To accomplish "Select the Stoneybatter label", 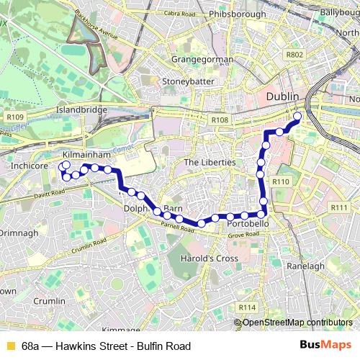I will [189, 81].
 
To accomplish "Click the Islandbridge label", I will [81, 110].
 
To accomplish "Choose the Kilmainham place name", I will [86, 155].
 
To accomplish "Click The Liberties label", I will [210, 163].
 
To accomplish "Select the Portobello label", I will [248, 225].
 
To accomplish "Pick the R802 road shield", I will [294, 54].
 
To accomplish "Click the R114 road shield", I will [247, 307].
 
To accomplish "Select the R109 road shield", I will [15, 117].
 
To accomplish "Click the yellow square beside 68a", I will [9, 346].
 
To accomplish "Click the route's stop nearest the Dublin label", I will [297, 115].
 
